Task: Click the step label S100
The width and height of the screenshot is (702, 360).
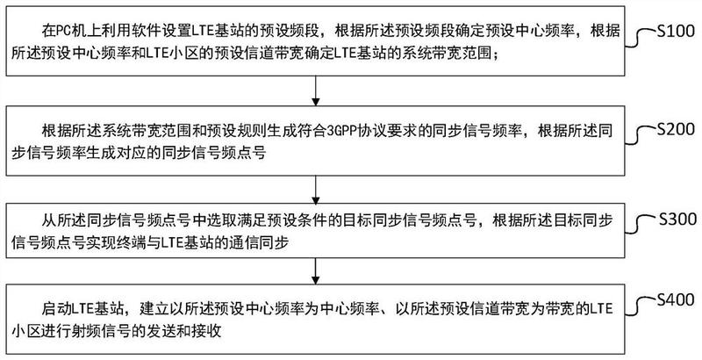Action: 676,32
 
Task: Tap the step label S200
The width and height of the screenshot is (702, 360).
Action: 676,129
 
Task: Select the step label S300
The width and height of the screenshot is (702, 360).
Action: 677,219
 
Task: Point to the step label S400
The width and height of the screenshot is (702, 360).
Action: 676,299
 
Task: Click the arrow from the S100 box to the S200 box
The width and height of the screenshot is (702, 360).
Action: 316,90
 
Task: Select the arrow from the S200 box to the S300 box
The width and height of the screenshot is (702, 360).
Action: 316,190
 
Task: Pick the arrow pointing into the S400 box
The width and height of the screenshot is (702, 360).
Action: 316,271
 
